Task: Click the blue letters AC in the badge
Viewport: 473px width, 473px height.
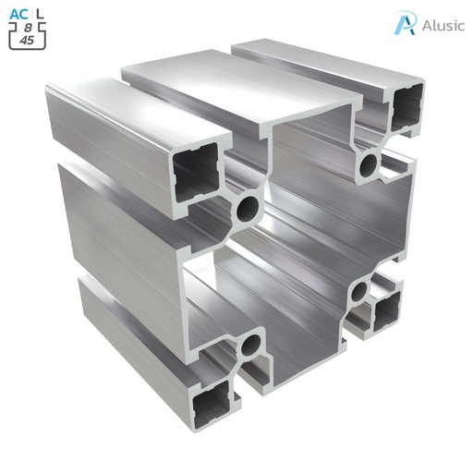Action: [18, 14]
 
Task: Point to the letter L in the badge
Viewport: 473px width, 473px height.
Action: [39, 14]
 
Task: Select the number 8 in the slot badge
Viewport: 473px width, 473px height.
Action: [28, 28]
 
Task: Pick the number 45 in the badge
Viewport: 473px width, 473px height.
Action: [28, 41]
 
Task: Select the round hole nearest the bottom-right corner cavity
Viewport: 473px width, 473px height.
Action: [359, 294]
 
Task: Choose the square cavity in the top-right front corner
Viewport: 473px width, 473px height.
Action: [407, 103]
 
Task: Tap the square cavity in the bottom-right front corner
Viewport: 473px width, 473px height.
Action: [386, 317]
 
